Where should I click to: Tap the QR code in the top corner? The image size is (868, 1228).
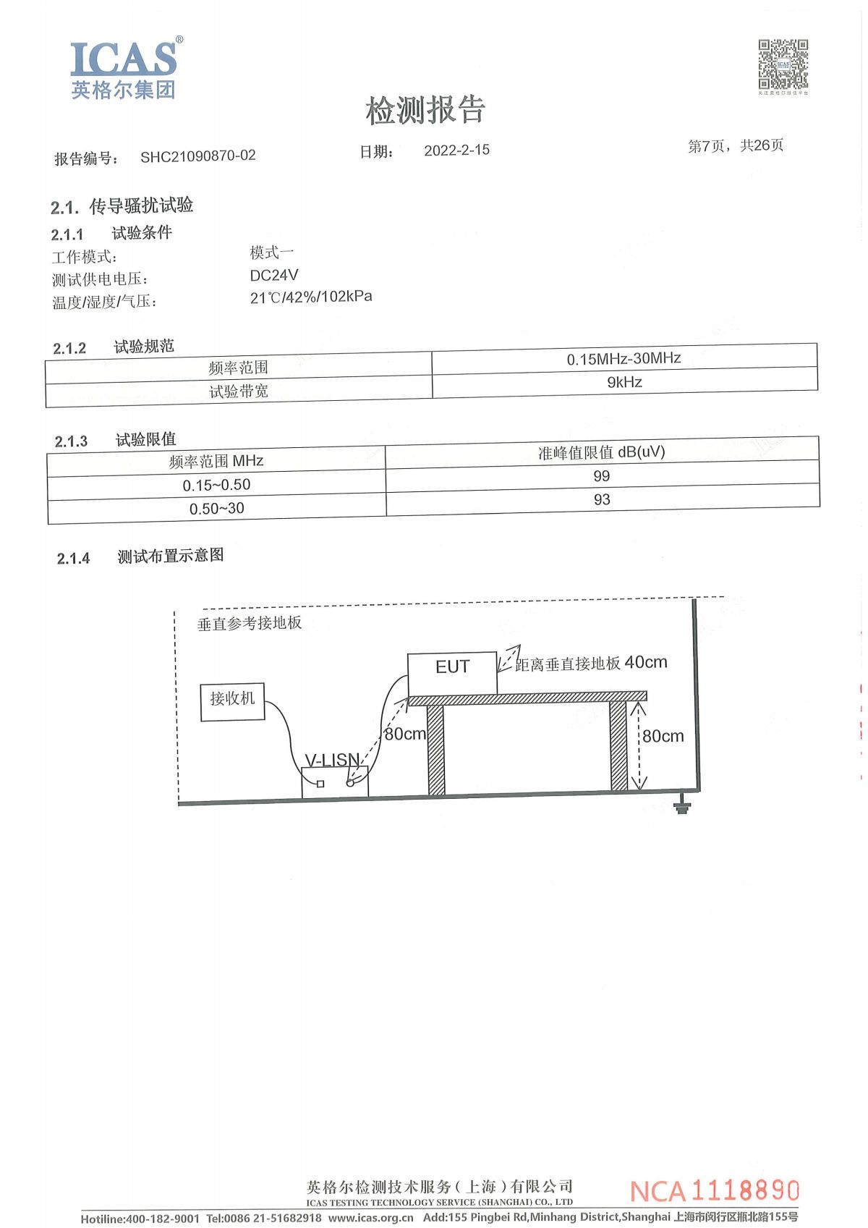coord(783,64)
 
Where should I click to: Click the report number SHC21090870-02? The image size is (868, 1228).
coord(197,156)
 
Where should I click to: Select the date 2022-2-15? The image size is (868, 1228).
coord(456,151)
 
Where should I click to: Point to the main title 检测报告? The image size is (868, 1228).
coord(425,110)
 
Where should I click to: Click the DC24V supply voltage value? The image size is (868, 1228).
coord(274,275)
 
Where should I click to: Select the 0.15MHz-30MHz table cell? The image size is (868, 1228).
coord(624,359)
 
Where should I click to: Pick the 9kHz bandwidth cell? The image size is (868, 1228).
coord(625,383)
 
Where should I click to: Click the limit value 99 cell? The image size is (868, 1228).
coord(602,476)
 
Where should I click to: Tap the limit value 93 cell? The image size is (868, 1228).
coord(602,500)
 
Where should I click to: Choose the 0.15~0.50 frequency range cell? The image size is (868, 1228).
coord(216,485)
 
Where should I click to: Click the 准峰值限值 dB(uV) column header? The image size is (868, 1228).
coord(602,452)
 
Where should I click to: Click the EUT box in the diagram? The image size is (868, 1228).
coord(453,674)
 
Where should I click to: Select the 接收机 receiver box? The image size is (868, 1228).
coord(232,702)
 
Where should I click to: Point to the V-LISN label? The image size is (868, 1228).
coord(332,760)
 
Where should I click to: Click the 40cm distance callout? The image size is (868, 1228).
coord(645,662)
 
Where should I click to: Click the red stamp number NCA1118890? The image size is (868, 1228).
coord(714,1190)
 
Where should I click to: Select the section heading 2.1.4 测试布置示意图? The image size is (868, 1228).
coord(140,557)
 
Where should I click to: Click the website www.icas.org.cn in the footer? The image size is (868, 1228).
coord(370,1218)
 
